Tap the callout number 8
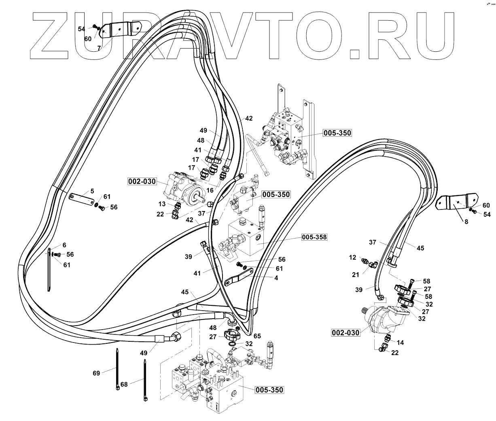coord(466,222)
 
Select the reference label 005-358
coord(314,237)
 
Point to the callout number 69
coord(96,373)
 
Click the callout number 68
coord(124,384)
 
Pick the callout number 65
coord(257,336)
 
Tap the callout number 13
coord(162,204)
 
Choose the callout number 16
coord(210,189)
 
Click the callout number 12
coord(352,257)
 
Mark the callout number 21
coord(355,275)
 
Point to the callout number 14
coord(400,343)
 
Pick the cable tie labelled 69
coord(117,368)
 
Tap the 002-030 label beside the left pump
coord(142,182)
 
